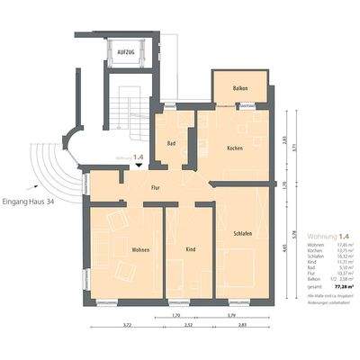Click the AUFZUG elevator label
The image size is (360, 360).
point(125,53)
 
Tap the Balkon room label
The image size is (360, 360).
point(239,87)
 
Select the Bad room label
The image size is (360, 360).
point(171,143)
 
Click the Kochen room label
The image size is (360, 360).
point(235,148)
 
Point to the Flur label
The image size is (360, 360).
point(155,188)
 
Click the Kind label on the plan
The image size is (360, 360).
point(190,248)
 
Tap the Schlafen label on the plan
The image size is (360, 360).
point(239,233)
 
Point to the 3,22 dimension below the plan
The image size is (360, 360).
point(127,325)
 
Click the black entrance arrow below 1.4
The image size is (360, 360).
point(138,167)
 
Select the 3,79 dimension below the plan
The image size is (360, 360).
point(230,315)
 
